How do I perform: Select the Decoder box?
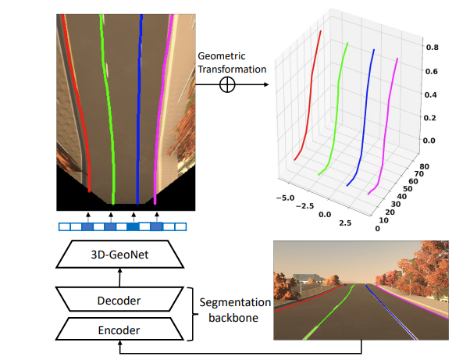point(119,301)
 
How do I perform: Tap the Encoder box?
point(119,330)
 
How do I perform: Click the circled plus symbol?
point(227,85)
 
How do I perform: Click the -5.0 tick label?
point(287,199)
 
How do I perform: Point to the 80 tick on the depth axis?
point(425,166)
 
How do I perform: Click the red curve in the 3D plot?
point(309,94)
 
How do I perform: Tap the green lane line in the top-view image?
point(109,109)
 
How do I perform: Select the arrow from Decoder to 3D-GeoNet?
point(119,276)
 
